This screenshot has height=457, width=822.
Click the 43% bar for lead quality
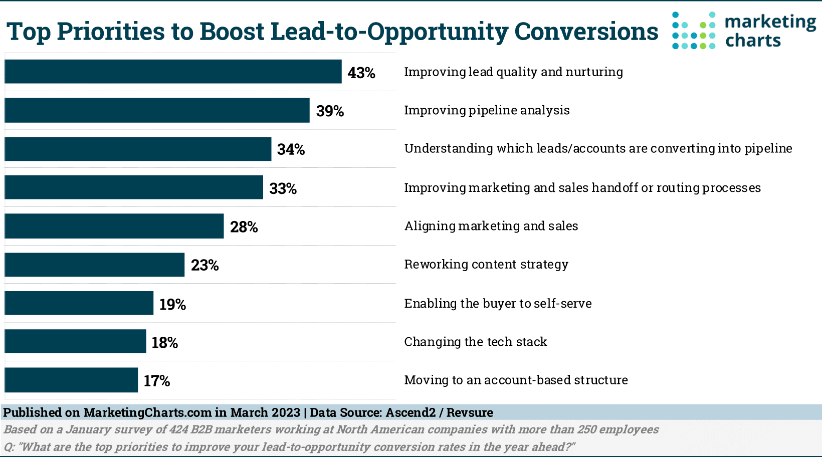[x=173, y=72]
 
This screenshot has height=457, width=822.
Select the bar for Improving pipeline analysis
[x=157, y=110]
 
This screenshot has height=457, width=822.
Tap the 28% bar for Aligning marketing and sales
[x=114, y=226]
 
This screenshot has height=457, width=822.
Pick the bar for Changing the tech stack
[x=75, y=342]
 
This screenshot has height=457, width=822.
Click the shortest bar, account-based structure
[x=71, y=380]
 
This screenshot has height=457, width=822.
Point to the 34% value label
[x=291, y=149]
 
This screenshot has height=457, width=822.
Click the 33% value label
[x=283, y=188]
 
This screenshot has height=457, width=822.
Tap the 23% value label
[x=204, y=265]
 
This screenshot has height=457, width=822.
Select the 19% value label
[x=172, y=304]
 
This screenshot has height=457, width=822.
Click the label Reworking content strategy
[x=486, y=264]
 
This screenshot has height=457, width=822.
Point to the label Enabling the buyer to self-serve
[x=498, y=303]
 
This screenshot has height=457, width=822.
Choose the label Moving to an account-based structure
[x=516, y=380]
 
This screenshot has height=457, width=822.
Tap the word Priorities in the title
[x=111, y=31]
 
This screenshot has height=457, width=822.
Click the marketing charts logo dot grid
[x=694, y=31]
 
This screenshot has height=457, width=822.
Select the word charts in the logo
[x=753, y=40]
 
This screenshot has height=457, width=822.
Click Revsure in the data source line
[x=470, y=412]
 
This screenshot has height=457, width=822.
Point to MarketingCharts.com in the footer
[x=147, y=412]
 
